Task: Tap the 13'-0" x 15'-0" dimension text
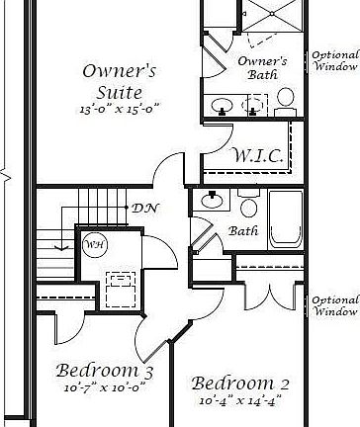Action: pos(119,107)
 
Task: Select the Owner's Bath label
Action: pos(263,66)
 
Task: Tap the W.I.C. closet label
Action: pos(259,156)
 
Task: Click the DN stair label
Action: pos(142,208)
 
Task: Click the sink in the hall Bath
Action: pos(213,201)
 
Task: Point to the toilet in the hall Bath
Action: pos(247,206)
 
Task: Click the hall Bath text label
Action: pos(243,230)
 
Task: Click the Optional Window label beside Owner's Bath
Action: pos(334,60)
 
